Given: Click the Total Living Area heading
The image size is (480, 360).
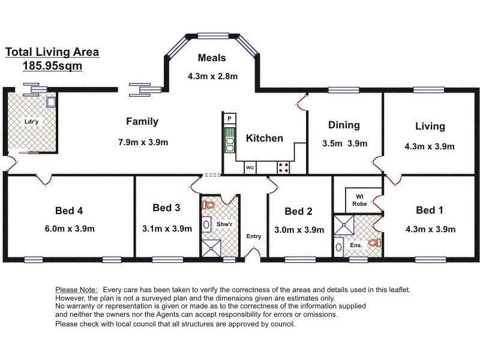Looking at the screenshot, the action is [52, 52].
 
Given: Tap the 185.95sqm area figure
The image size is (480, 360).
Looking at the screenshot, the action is [52, 66].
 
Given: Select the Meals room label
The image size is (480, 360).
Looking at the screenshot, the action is [212, 58].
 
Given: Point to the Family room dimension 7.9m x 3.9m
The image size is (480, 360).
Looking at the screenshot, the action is [143, 142].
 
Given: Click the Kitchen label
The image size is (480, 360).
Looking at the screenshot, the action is [265, 138].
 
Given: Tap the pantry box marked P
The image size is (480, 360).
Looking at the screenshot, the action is [230, 118].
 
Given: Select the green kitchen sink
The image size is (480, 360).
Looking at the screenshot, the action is [230, 140].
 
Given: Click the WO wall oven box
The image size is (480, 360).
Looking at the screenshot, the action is [250, 168].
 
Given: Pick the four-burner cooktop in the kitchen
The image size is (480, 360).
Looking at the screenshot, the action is [283, 168].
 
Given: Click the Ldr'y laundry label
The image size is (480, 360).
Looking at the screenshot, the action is [32, 122].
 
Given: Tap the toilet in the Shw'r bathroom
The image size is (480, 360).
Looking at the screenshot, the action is [208, 205].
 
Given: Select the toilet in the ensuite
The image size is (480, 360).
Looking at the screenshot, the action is [374, 243].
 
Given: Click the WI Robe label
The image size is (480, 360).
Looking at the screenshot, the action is [359, 200].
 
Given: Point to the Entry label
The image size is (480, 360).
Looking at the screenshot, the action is [254, 236].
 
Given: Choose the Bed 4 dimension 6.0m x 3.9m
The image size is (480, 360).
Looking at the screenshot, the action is [70, 229].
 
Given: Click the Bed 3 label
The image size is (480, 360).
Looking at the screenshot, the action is [166, 208].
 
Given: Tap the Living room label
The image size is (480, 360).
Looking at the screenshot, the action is [430, 126].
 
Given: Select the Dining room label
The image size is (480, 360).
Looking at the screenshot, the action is [344, 125].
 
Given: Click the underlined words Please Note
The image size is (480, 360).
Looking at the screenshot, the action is [76, 290].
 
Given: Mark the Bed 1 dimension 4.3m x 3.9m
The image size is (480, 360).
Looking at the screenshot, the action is [430, 229].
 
